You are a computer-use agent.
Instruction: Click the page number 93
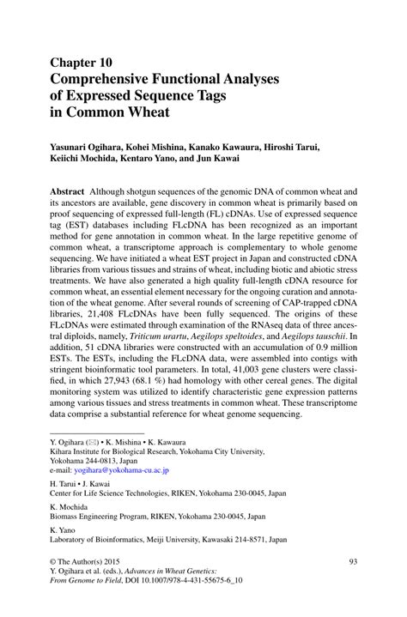click(352, 562)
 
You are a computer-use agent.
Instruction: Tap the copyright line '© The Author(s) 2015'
click(90, 562)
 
